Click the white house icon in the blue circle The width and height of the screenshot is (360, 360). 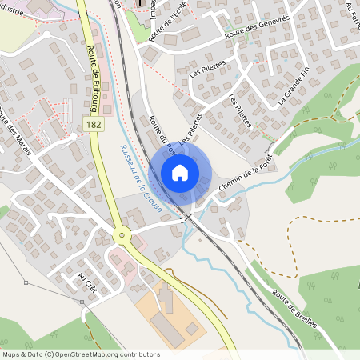180,172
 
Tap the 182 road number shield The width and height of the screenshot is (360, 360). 94,125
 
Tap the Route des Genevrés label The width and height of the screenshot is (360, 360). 255,32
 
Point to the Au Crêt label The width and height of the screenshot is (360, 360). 86,282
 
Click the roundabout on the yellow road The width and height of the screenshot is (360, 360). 122,235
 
